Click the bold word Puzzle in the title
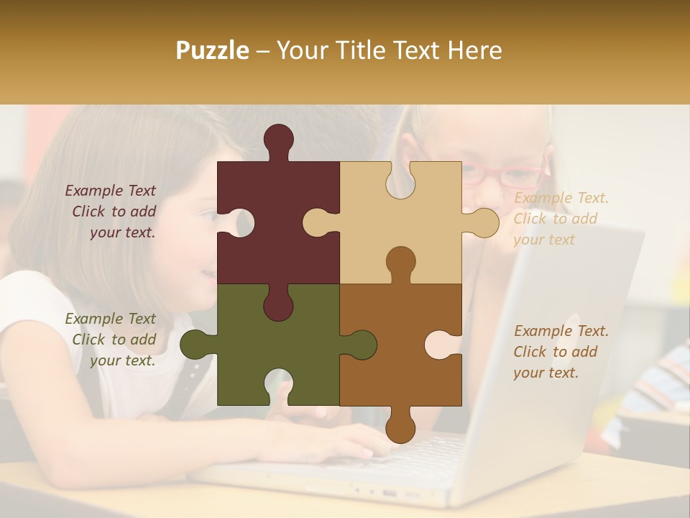coord(213,50)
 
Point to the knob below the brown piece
coord(400,428)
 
